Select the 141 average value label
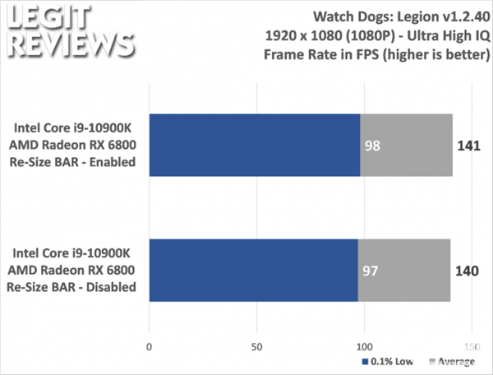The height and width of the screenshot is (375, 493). [x=468, y=146]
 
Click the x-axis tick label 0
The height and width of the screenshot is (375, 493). [x=149, y=345]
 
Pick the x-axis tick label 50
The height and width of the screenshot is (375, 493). [x=256, y=345]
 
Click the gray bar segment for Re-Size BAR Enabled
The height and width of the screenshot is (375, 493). [x=407, y=146]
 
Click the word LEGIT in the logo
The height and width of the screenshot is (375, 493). [x=41, y=16]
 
